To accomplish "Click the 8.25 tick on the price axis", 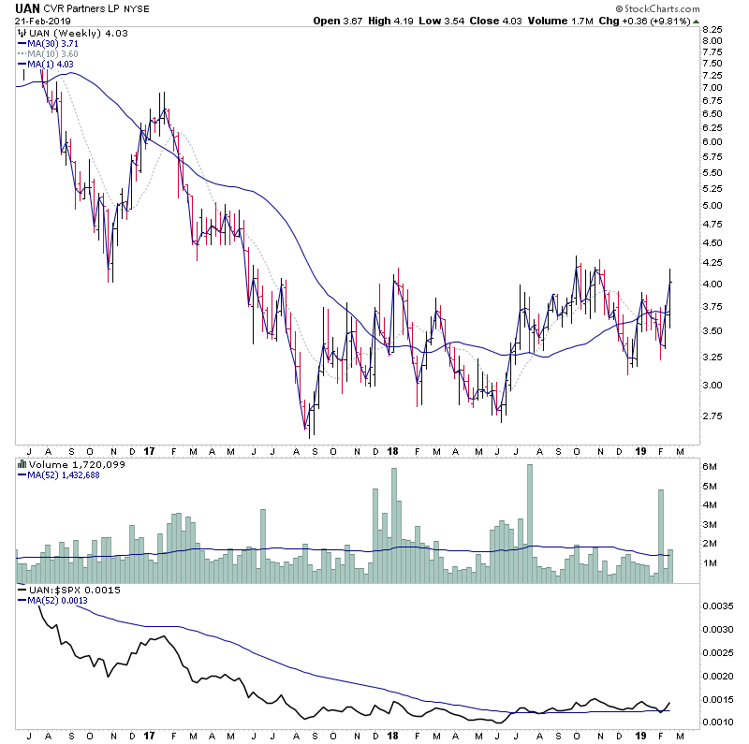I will [712, 29].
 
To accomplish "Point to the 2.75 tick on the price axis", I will [712, 416].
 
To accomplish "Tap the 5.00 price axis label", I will [712, 206].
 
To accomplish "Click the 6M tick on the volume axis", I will [710, 466].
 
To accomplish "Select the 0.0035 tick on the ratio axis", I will [716, 605].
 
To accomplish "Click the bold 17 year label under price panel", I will [151, 450].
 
